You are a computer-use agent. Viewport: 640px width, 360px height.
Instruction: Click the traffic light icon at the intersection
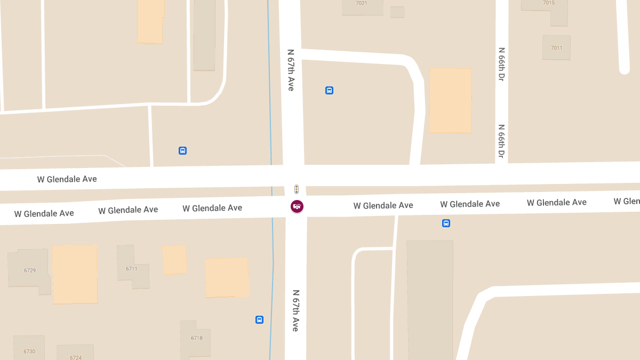(297, 189)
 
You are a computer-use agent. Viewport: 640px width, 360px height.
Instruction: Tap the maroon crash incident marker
(297, 206)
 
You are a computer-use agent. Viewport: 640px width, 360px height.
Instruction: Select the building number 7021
(362, 3)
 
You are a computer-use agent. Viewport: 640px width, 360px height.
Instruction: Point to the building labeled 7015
(549, 3)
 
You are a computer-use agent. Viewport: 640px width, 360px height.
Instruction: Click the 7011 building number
(556, 47)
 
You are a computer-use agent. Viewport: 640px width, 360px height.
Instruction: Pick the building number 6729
(30, 270)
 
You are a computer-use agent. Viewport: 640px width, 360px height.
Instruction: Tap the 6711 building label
(132, 269)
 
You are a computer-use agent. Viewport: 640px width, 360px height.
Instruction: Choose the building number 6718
(197, 338)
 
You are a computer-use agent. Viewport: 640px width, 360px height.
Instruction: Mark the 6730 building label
(29, 351)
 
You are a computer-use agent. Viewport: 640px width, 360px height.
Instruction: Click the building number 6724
(76, 357)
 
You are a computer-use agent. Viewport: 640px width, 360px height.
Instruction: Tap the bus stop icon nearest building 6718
(259, 320)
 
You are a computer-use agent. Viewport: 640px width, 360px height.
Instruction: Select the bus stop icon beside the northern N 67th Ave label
(329, 91)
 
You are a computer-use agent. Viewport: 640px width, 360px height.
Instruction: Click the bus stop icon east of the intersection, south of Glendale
(446, 223)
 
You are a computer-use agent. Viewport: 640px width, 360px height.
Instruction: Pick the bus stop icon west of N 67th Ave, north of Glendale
(182, 151)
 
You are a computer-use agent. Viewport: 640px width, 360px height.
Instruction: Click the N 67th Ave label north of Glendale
(291, 70)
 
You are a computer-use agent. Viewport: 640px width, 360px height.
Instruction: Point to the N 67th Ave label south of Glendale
(295, 310)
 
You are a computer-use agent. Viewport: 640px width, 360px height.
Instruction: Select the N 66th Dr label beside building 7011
(501, 64)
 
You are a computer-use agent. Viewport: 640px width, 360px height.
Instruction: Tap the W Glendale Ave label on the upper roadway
(67, 179)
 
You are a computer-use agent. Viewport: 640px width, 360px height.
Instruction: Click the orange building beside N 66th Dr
(450, 100)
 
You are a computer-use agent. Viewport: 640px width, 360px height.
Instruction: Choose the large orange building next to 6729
(75, 274)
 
